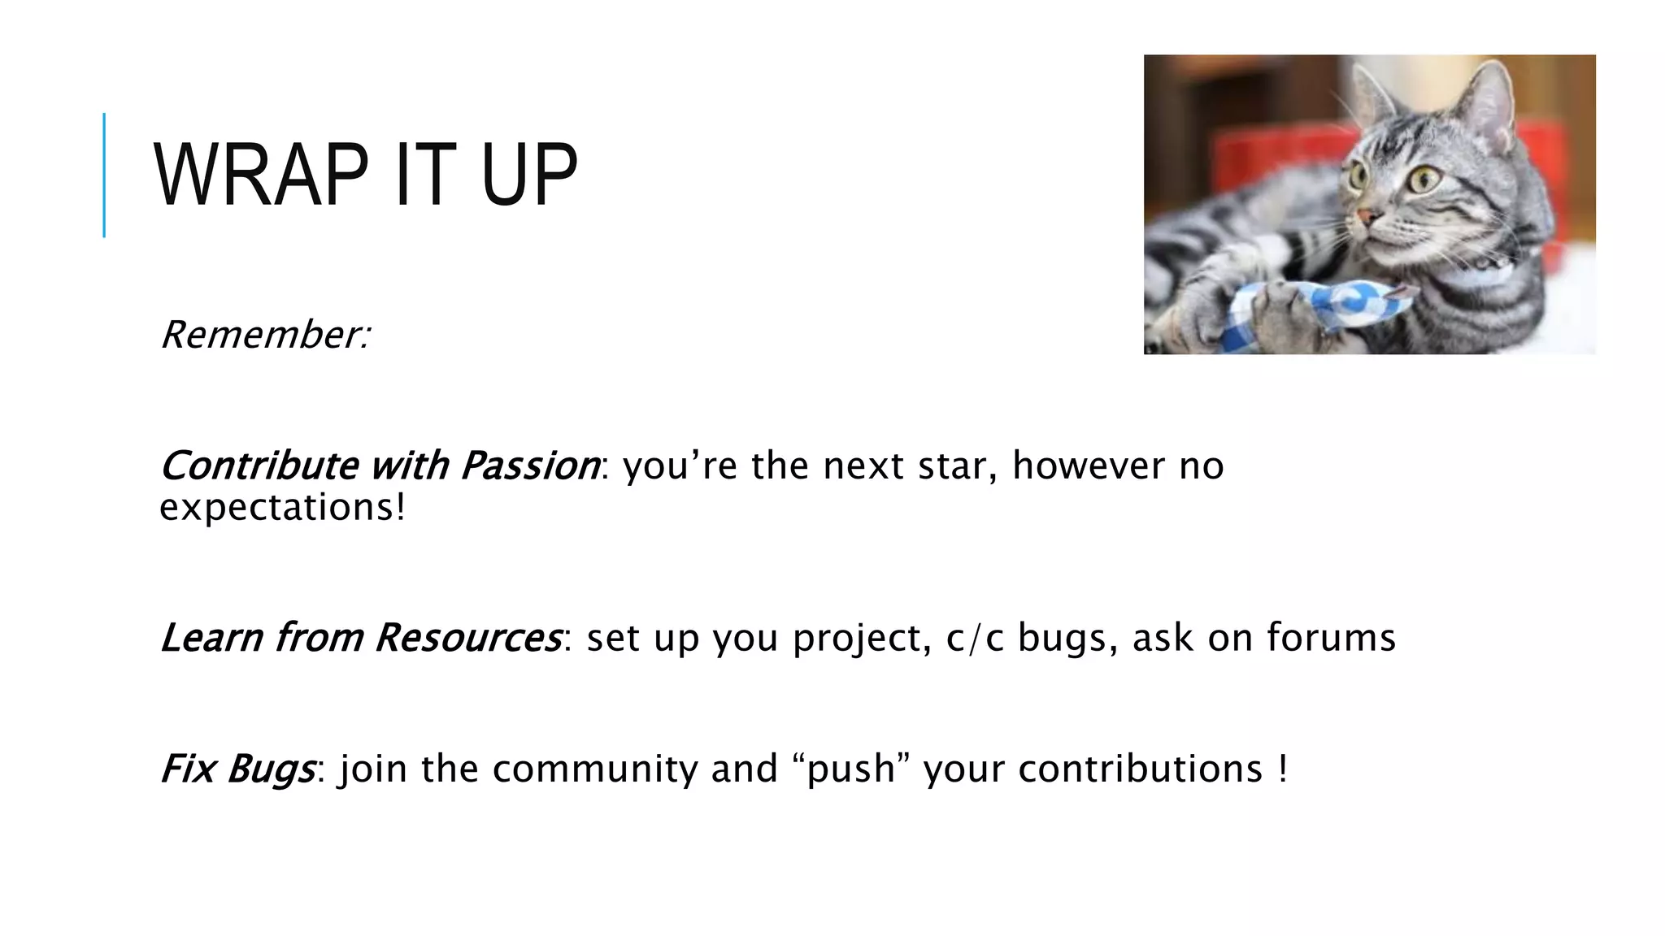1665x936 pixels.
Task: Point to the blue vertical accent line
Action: pos(104,175)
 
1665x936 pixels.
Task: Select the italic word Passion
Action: pos(529,466)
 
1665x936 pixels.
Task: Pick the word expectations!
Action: pos(282,508)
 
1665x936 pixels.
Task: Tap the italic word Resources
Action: pos(467,638)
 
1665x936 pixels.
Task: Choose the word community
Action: pos(594,769)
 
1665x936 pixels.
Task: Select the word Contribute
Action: pos(259,466)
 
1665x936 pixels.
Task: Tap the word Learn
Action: pos(211,638)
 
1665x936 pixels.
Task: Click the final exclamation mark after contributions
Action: pos(1283,769)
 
